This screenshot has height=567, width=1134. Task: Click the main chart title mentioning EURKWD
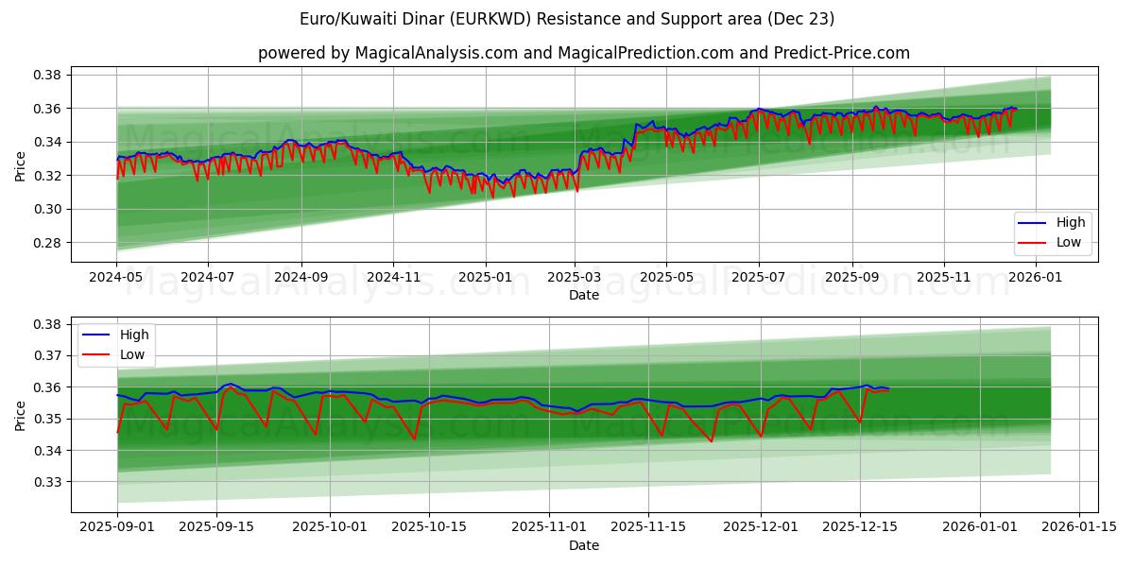567,19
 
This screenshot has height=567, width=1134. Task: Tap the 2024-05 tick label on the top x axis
117,278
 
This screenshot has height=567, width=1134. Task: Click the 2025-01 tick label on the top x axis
486,278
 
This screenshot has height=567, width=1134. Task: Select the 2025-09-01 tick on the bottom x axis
117,527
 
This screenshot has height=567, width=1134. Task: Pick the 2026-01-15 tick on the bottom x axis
1078,527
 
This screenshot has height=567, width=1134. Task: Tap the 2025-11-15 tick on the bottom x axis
647,527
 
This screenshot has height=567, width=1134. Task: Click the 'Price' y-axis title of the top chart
21,166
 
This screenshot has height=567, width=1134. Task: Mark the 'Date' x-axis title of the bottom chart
583,545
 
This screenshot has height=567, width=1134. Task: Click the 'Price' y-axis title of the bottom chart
21,415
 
